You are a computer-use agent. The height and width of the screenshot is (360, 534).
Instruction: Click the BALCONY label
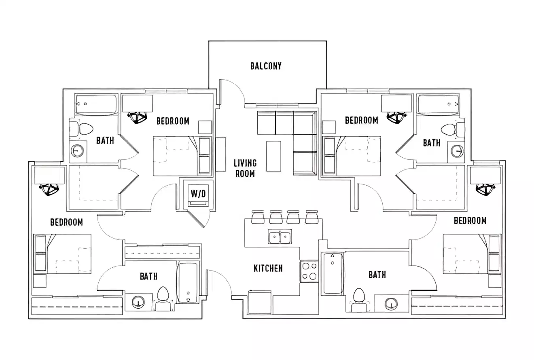pyautogui.click(x=266, y=66)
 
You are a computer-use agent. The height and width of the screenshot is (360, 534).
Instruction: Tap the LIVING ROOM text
pyautogui.click(x=245, y=168)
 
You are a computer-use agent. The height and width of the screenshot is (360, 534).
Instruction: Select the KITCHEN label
pyautogui.click(x=268, y=268)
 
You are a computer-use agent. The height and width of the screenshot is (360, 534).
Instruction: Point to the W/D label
pyautogui.click(x=198, y=194)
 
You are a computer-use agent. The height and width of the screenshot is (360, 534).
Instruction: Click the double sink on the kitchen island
pyautogui.click(x=280, y=236)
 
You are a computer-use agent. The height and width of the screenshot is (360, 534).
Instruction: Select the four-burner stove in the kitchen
pyautogui.click(x=309, y=271)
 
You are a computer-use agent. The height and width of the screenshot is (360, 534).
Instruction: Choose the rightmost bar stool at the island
pyautogui.click(x=311, y=218)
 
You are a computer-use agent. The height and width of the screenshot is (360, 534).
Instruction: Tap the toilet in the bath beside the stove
pyautogui.click(x=358, y=299)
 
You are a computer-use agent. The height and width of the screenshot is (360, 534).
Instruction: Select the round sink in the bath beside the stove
pyautogui.click(x=391, y=303)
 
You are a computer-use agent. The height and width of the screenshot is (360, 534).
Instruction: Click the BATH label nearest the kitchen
pyautogui.click(x=377, y=275)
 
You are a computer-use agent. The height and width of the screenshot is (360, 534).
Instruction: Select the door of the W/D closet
pyautogui.click(x=198, y=218)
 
